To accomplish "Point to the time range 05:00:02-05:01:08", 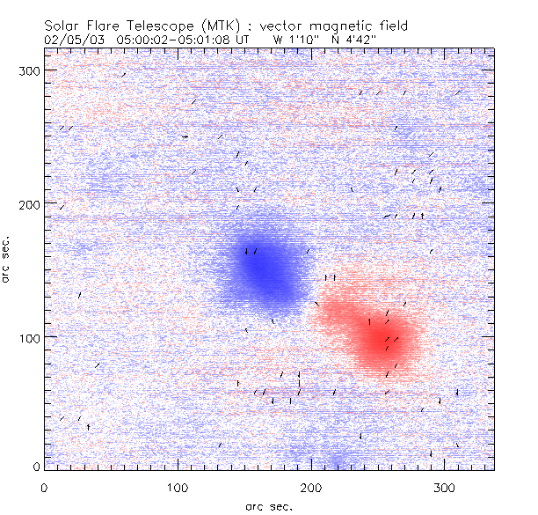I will (183, 40).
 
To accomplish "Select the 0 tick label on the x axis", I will (44, 486).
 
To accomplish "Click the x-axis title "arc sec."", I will (268, 505).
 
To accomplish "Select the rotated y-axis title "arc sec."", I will (8, 260).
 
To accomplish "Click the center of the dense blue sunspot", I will (267, 268).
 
